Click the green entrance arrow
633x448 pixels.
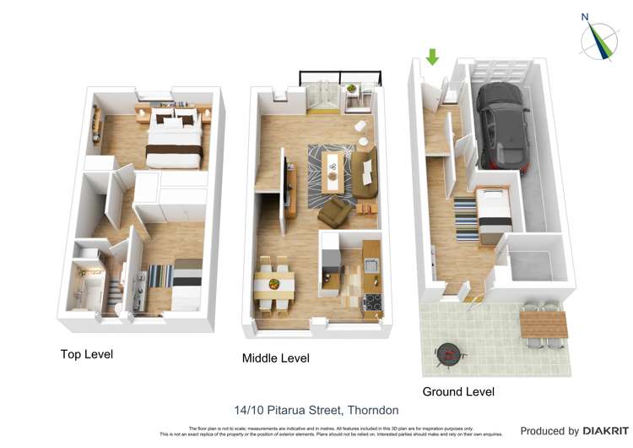point(432,57)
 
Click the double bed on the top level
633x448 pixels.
point(174,139)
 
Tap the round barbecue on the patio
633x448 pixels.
point(448,352)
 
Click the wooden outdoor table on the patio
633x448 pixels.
point(540,324)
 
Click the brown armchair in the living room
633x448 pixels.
point(335,211)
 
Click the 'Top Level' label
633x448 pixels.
point(86,353)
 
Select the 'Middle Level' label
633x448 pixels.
point(275,358)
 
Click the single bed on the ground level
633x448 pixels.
point(493,215)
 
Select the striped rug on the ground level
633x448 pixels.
point(467,219)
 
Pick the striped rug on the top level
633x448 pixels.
point(160,277)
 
